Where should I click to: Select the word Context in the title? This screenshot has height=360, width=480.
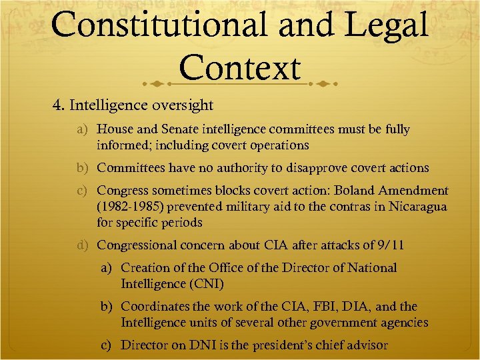[x=240, y=68]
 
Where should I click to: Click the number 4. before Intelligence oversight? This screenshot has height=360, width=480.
[x=59, y=105]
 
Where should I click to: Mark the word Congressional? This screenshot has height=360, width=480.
[x=139, y=245]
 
